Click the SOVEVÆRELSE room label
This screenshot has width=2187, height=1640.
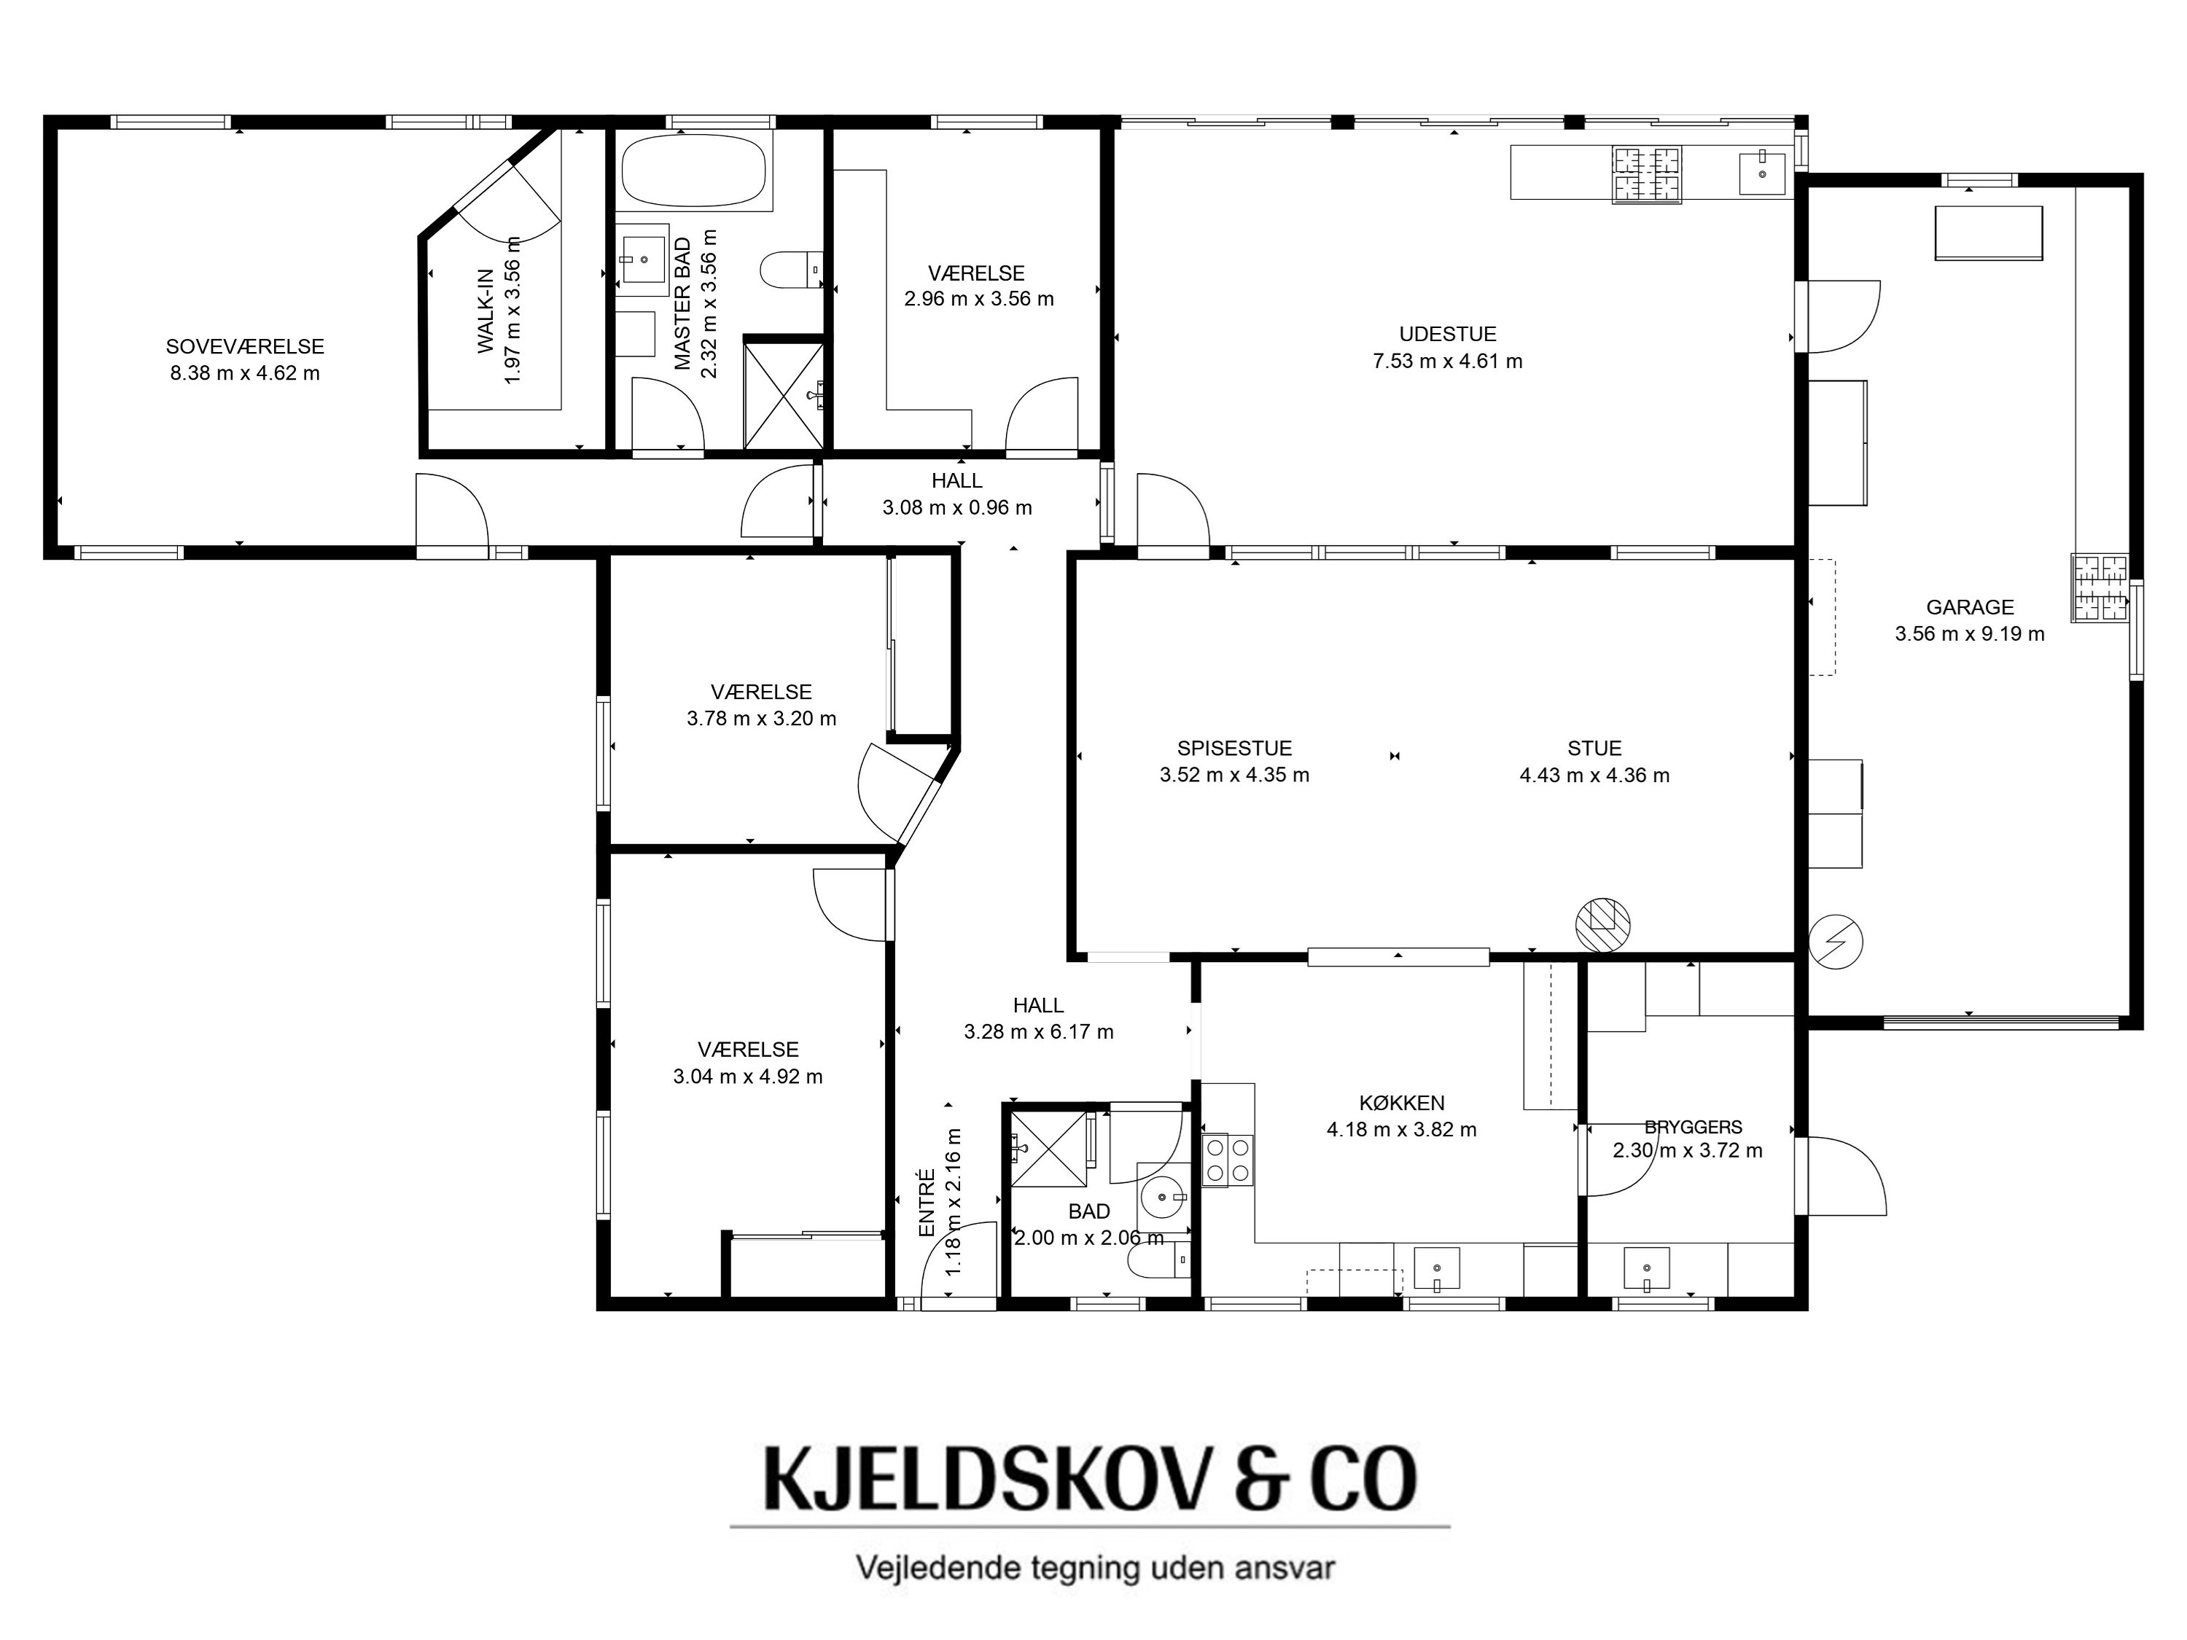pos(244,347)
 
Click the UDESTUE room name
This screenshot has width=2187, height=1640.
pos(1448,334)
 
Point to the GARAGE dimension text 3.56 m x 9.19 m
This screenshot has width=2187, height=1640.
pos(1970,633)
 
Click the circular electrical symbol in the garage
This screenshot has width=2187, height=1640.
pos(1836,941)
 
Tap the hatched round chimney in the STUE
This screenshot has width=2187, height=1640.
pos(1602,924)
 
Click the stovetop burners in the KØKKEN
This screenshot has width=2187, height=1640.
pos(1227,1160)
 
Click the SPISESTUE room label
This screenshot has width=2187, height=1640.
pos(1234,749)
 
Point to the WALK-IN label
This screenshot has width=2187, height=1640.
pos(486,311)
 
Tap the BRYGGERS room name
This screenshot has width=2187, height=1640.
pos(1693,1126)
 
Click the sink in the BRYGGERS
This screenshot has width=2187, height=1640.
pos(1646,1268)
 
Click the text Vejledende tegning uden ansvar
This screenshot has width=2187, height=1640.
pos(1096,1568)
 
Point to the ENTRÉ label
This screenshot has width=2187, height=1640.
pos(927,1203)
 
